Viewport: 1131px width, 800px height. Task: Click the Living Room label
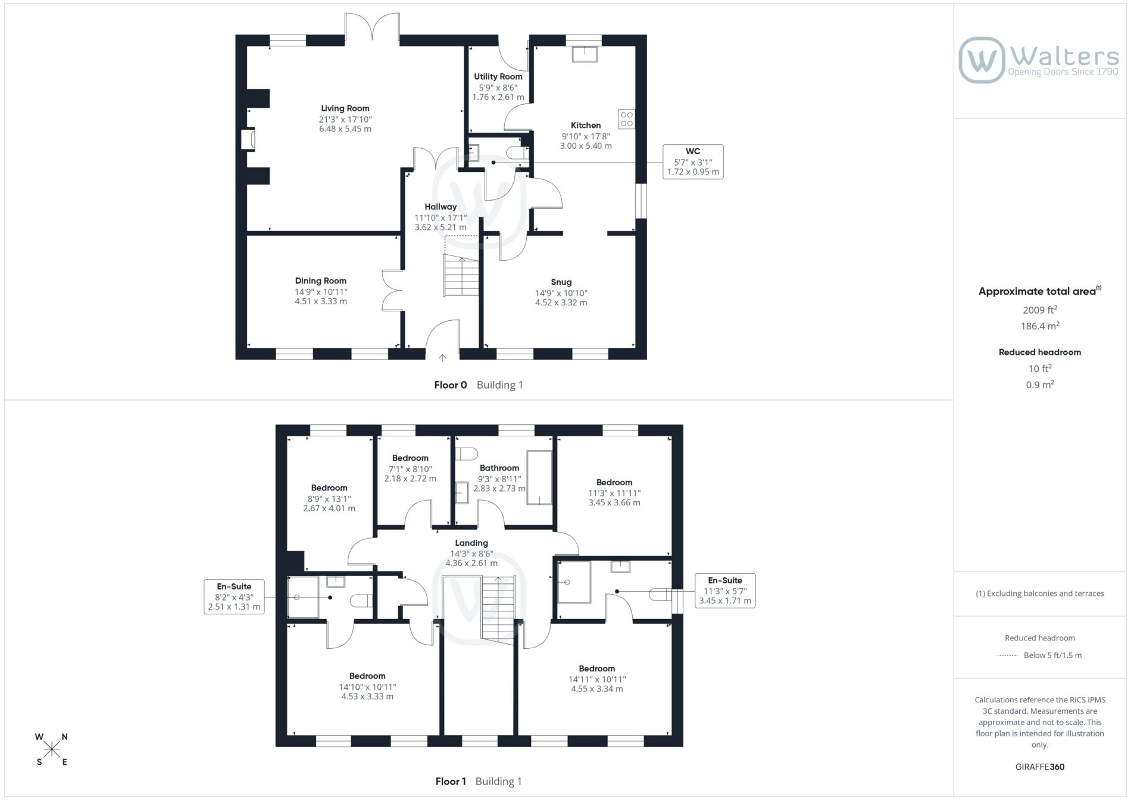click(345, 108)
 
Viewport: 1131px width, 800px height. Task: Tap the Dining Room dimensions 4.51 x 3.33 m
click(321, 301)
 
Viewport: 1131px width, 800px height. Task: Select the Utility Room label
click(498, 77)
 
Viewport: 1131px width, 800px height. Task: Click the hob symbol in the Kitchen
click(626, 119)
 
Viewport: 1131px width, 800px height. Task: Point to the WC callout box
click(693, 161)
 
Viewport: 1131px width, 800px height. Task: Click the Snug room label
click(561, 282)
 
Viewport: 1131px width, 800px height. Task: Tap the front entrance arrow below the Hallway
click(442, 358)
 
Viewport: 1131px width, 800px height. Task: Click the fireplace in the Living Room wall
click(248, 140)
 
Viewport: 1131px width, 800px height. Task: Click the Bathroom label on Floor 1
click(499, 468)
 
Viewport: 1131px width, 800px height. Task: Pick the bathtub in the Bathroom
click(539, 478)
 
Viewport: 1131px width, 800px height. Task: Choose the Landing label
click(471, 543)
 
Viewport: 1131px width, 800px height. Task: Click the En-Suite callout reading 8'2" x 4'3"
click(234, 596)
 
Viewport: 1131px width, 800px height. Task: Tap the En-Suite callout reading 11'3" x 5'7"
click(725, 590)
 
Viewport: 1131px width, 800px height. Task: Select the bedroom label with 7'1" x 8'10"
click(410, 458)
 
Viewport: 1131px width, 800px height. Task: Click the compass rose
click(52, 749)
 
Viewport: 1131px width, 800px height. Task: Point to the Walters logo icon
click(982, 60)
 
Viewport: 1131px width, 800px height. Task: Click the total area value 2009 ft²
click(1040, 310)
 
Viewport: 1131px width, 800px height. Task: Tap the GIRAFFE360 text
click(1040, 767)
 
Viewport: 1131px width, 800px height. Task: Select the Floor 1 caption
click(451, 782)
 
